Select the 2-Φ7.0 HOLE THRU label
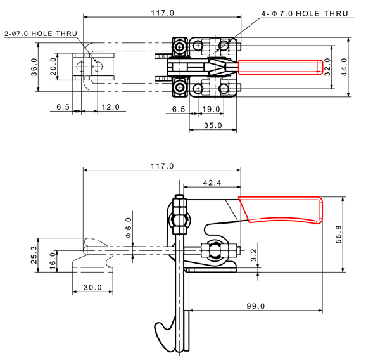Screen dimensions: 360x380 coord(39,34)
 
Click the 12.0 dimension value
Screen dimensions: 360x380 coord(110,106)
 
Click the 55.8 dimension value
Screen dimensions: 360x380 coord(338,233)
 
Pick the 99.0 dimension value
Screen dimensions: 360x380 coord(255,305)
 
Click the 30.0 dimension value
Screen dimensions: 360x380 coord(92,287)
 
